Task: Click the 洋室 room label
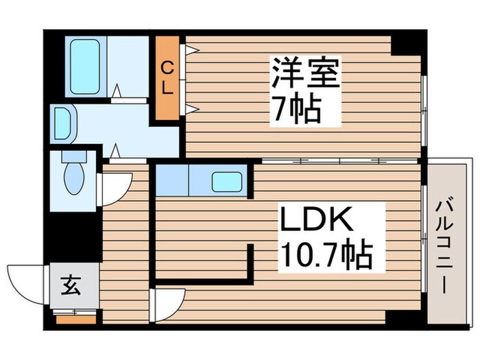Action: [306, 73]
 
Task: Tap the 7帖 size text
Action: [296, 107]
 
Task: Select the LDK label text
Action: [316, 221]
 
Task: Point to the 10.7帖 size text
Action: [325, 256]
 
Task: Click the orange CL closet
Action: [168, 77]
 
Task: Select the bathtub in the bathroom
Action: [85, 67]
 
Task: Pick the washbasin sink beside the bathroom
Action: [62, 123]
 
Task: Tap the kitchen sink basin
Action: [226, 181]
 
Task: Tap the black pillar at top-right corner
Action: [409, 43]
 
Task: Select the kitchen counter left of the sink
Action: [172, 180]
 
